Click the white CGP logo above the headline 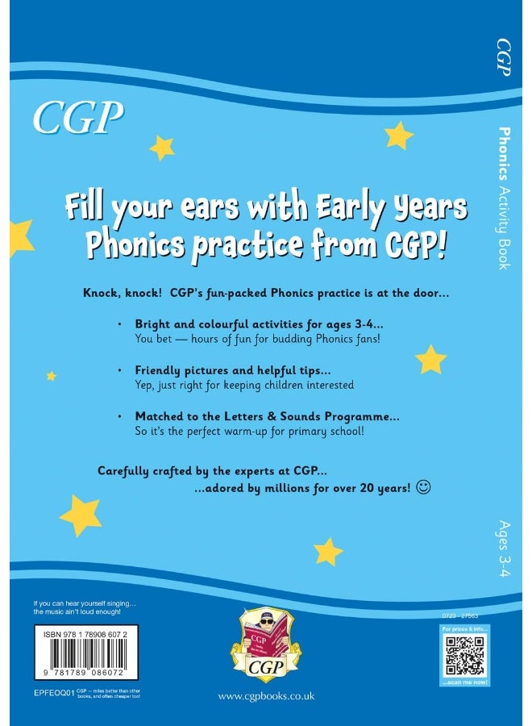coord(78,118)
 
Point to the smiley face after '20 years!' coord(425,487)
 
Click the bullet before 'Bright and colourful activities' coord(118,323)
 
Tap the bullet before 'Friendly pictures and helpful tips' coord(118,370)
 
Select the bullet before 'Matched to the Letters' coord(118,416)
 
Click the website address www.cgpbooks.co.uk coord(266,695)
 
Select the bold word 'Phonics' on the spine coord(505,152)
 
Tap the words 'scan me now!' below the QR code coord(465,684)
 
